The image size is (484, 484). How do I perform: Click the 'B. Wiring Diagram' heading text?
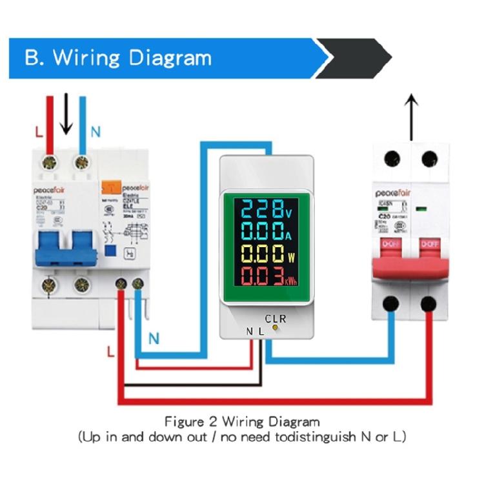118,57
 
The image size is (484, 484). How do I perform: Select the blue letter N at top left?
96,132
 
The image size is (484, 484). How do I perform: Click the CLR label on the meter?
276,318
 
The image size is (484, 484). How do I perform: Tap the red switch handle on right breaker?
409,256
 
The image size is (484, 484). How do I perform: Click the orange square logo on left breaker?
108,188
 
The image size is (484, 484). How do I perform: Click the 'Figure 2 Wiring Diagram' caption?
242,422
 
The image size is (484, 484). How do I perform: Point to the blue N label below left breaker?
154,338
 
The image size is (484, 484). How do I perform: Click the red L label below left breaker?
111,352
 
